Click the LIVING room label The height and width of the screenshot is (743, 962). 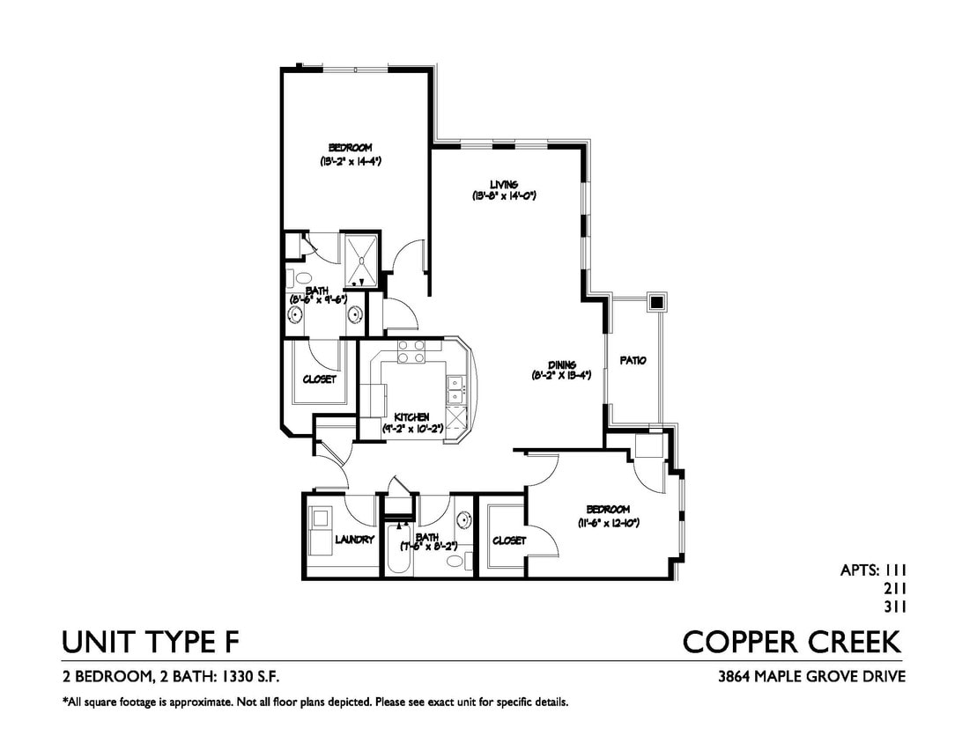(x=504, y=185)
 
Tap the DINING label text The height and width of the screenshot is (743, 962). (x=561, y=364)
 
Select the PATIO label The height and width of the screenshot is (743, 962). (x=633, y=360)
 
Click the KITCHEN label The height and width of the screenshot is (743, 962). (x=411, y=416)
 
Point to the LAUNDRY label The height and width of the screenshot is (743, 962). (x=355, y=540)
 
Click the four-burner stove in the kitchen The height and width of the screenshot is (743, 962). (x=410, y=351)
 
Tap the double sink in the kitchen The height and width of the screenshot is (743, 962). (x=455, y=385)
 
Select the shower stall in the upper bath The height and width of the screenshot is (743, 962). (x=361, y=258)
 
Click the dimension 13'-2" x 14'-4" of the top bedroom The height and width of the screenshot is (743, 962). (x=350, y=162)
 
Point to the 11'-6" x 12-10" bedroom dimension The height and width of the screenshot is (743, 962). (x=608, y=523)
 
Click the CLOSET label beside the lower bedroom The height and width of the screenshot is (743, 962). (x=509, y=541)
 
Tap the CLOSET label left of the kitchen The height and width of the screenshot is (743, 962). (x=319, y=379)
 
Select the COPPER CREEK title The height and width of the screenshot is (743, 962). (x=792, y=642)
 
